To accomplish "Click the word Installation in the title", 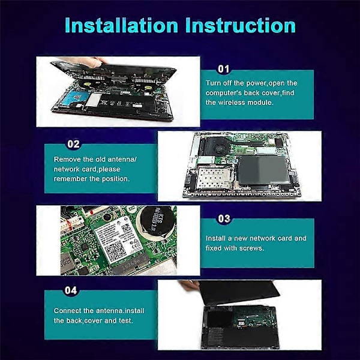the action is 121,25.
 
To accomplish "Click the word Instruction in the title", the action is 241,25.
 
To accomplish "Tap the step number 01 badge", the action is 223,69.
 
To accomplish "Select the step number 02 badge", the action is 73,144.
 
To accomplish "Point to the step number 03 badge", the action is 224,218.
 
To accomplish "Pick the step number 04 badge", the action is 71,290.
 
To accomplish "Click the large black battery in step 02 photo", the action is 263,170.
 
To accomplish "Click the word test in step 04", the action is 126,320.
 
